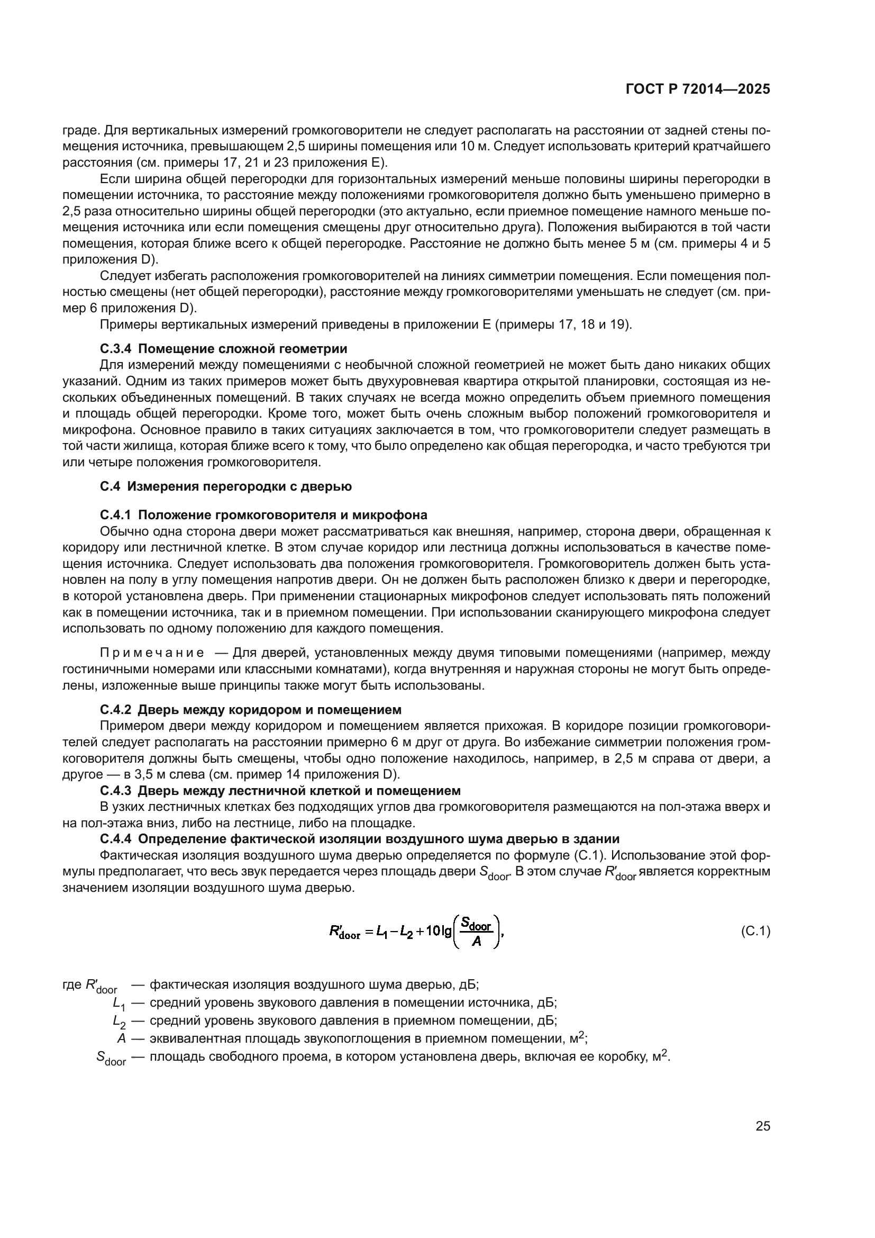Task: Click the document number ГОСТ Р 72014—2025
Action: [x=697, y=89]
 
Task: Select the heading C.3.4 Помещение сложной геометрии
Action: [x=224, y=348]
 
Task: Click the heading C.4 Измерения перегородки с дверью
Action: [x=226, y=486]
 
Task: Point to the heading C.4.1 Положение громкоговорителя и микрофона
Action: [x=263, y=514]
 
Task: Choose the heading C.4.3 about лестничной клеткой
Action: [x=280, y=791]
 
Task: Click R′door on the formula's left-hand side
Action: [x=344, y=932]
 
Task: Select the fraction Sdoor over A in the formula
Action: [x=477, y=932]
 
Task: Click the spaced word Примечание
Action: [x=152, y=654]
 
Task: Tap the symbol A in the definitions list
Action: [x=121, y=1038]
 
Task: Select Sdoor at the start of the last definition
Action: [x=111, y=1058]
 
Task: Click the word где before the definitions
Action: [x=72, y=984]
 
